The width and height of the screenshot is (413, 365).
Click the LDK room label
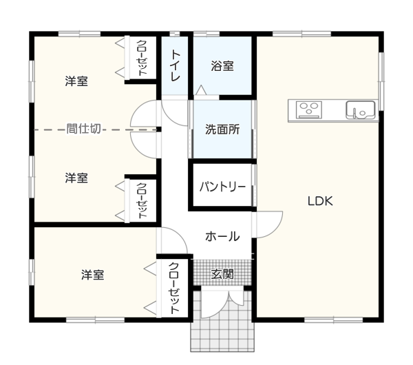tap(320, 201)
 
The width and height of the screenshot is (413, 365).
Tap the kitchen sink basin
tap(360, 109)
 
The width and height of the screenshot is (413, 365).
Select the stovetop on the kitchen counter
tap(308, 109)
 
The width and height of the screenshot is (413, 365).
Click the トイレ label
tap(176, 65)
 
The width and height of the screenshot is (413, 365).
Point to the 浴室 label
tap(222, 66)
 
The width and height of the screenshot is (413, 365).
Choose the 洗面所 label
tap(222, 129)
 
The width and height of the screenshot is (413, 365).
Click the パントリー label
tap(222, 187)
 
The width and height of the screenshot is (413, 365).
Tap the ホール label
tap(222, 236)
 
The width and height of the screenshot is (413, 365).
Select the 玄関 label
tap(222, 274)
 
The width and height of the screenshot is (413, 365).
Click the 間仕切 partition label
tap(83, 129)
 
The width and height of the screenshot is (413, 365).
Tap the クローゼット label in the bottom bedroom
tap(174, 288)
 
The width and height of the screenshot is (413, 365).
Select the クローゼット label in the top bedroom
tap(142, 58)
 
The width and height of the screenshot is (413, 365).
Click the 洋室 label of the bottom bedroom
tap(92, 275)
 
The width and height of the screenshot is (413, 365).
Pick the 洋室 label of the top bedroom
tap(76, 81)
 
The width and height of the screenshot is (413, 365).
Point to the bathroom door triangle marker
tap(201, 90)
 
